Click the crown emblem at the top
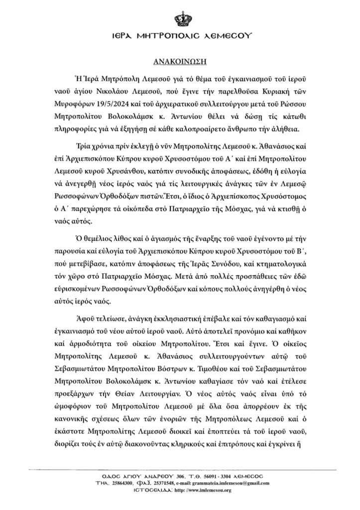coord(180,18)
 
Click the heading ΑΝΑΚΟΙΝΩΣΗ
coord(180,63)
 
